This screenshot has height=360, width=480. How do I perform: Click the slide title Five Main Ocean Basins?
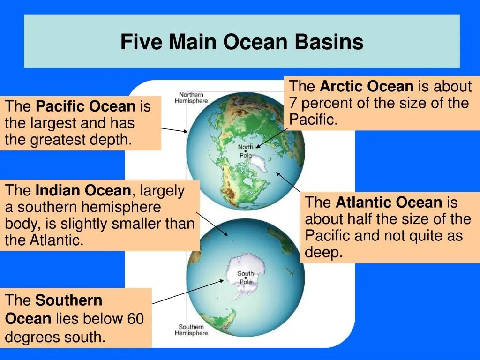(241, 42)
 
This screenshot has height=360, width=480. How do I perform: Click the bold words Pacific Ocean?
(85, 106)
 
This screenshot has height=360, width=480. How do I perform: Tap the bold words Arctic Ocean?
(367, 86)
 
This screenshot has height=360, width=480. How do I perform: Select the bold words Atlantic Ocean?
(389, 202)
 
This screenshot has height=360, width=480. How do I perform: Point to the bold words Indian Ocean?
(84, 191)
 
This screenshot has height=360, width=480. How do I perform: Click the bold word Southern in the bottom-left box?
(68, 300)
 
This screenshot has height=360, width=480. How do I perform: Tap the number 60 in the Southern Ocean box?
(135, 319)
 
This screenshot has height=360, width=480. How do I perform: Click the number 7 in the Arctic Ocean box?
(293, 103)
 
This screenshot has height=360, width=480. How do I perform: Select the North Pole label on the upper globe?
(246, 151)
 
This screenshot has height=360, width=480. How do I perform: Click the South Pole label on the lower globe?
(246, 277)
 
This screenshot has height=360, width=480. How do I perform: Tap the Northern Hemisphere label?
(191, 97)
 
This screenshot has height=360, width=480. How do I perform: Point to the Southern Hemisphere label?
(191, 330)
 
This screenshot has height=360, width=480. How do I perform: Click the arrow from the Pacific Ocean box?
(174, 130)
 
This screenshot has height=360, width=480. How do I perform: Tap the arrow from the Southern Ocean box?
(187, 292)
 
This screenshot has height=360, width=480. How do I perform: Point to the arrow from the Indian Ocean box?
(212, 224)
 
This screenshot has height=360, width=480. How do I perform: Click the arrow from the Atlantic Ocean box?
(288, 182)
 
